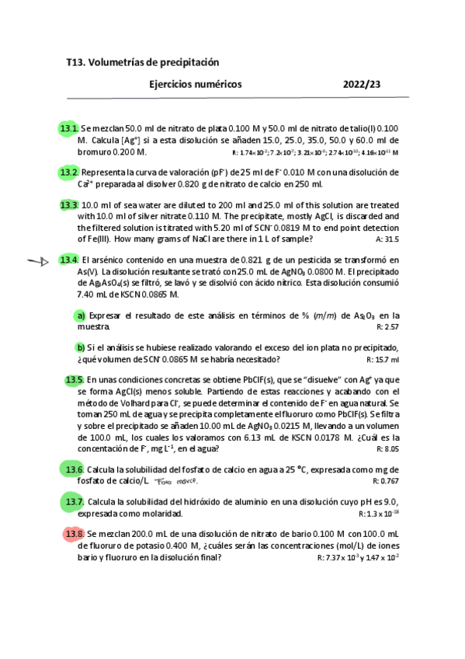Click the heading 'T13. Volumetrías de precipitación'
[x=143, y=61]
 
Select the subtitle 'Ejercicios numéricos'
[x=195, y=84]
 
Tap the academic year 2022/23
[x=362, y=84]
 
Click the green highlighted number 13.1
[x=69, y=128]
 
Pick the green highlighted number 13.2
[x=69, y=172]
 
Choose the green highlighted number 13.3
[x=69, y=205]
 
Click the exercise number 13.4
[x=69, y=259]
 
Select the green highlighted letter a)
[x=80, y=316]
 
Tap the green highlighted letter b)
[x=80, y=347]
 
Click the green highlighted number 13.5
[x=75, y=380]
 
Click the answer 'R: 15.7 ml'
[x=383, y=360]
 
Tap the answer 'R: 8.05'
[x=387, y=449]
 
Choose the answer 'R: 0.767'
[x=386, y=482]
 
